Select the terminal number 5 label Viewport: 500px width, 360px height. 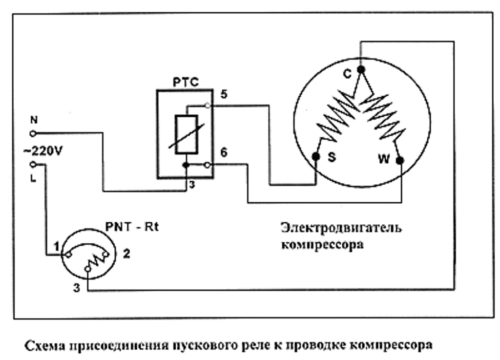coord(223,94)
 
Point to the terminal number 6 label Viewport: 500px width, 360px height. coord(223,152)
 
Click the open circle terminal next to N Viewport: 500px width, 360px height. coord(33,132)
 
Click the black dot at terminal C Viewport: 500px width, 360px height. coord(361,70)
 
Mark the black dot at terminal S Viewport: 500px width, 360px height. coord(316,156)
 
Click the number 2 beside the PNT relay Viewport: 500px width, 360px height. coord(126,254)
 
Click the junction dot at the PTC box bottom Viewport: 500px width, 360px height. coord(186,165)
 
